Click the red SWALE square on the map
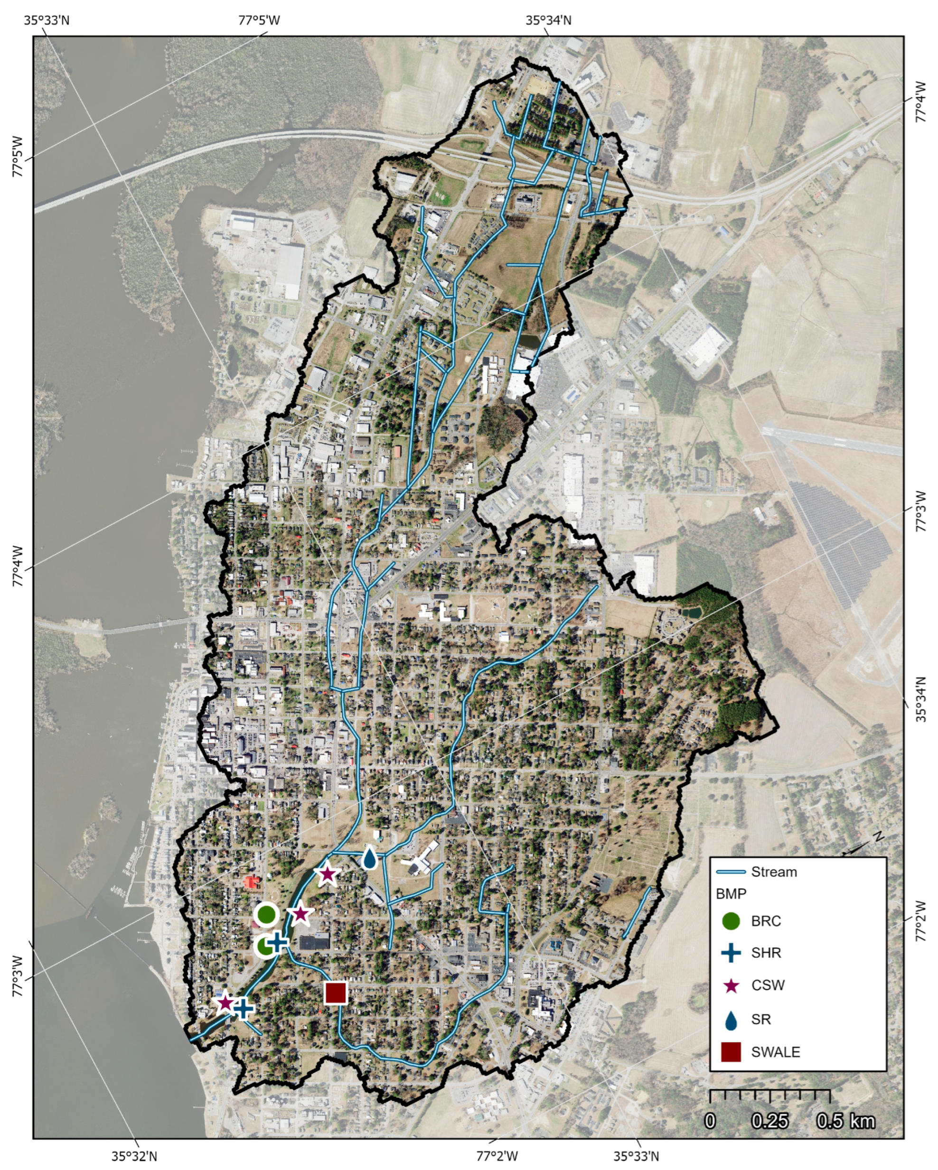pyautogui.click(x=336, y=993)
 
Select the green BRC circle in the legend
pyautogui.click(x=732, y=921)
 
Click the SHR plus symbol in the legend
pyautogui.click(x=732, y=953)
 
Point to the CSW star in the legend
pyautogui.click(x=732, y=985)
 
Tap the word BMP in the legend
pyautogui.click(x=731, y=894)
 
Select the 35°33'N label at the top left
pyautogui.click(x=47, y=20)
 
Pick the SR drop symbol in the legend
pyautogui.click(x=732, y=1020)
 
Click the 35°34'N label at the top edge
pyautogui.click(x=548, y=20)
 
